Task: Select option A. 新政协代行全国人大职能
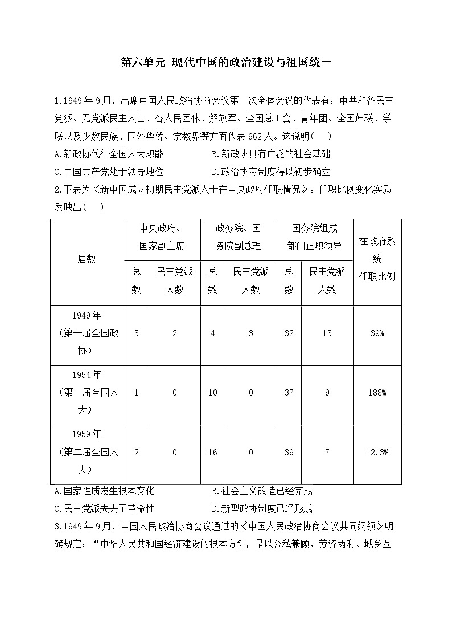click(x=109, y=154)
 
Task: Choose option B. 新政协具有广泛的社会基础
click(x=270, y=154)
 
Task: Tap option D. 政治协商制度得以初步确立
click(x=270, y=172)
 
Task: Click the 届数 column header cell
click(x=87, y=259)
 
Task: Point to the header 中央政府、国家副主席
click(x=162, y=237)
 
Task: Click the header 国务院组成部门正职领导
click(x=314, y=237)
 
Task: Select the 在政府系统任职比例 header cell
click(x=377, y=259)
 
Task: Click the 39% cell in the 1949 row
click(x=377, y=333)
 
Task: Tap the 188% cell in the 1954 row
click(x=377, y=393)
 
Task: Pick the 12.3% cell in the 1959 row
click(x=377, y=452)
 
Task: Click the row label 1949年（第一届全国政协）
click(x=87, y=333)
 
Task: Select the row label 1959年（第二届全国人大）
click(x=87, y=452)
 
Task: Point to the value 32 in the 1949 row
click(x=289, y=333)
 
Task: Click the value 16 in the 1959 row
click(x=213, y=452)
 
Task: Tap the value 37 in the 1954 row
click(x=289, y=393)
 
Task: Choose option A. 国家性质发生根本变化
click(x=104, y=491)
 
